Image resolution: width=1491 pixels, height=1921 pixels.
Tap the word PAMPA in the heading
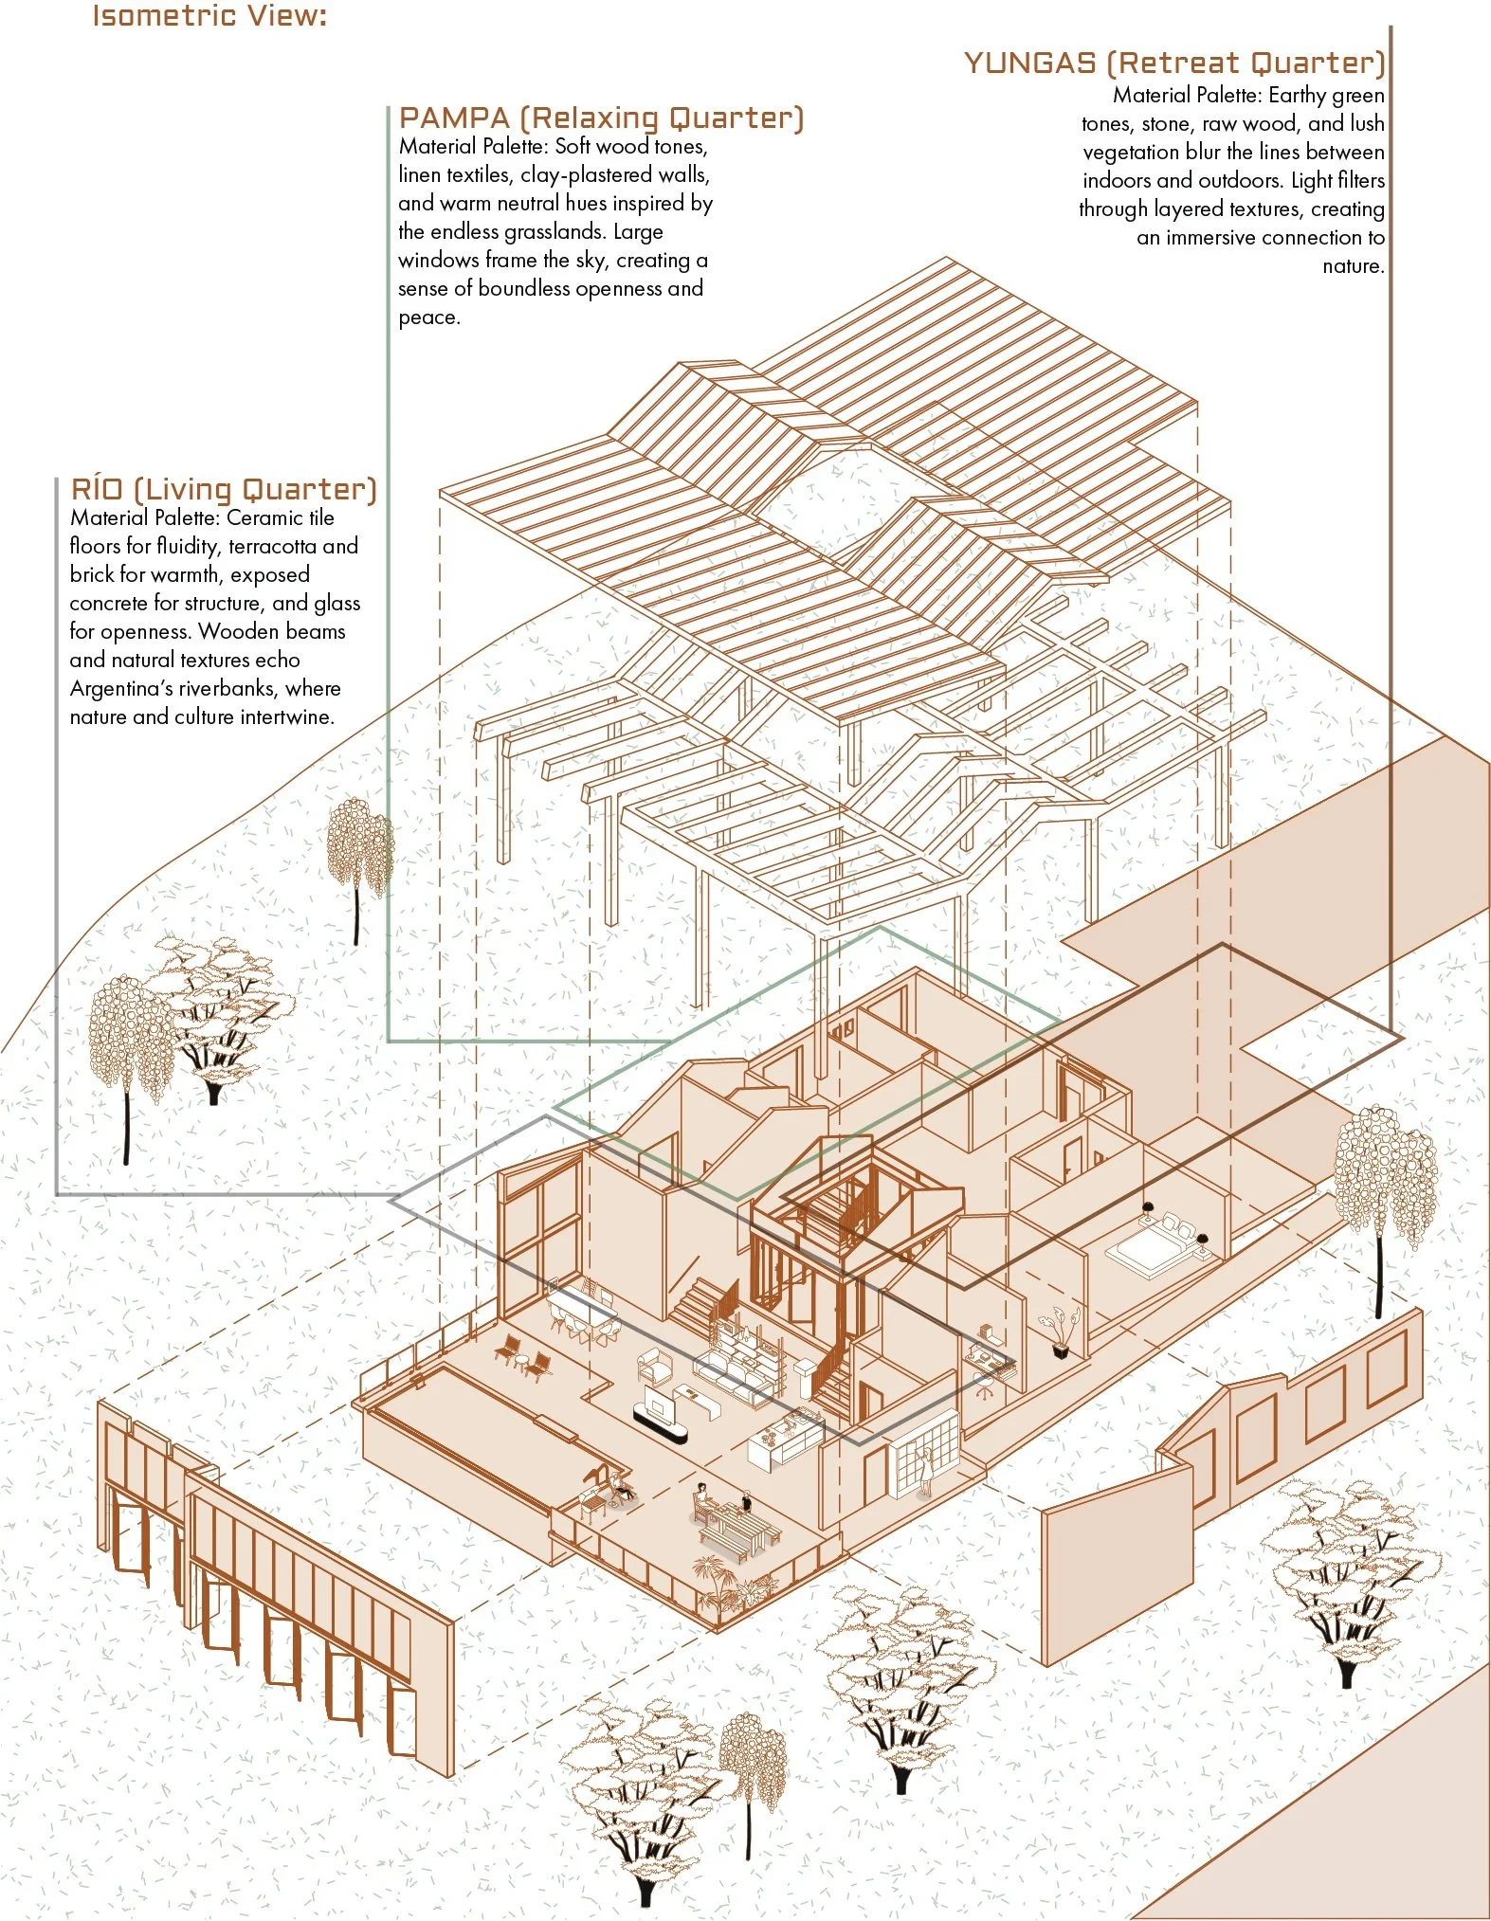(455, 118)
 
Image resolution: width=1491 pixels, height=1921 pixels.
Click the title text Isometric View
(209, 16)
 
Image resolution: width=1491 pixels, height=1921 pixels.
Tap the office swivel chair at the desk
(985, 1386)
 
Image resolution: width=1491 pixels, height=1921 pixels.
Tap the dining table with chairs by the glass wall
(583, 1311)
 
